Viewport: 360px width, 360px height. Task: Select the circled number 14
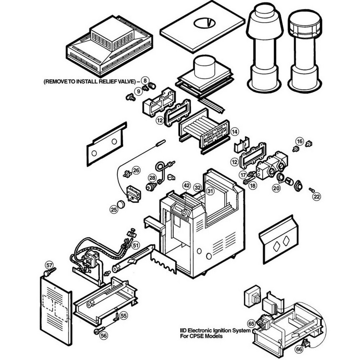(235, 132)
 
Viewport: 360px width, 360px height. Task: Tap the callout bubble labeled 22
(316, 197)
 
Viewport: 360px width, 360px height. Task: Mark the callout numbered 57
(49, 265)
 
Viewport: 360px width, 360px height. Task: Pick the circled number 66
(299, 349)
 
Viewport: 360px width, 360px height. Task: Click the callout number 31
(210, 192)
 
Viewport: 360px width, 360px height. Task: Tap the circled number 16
(300, 140)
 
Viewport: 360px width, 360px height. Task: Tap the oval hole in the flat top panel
(204, 23)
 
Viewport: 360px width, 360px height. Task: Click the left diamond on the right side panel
(276, 246)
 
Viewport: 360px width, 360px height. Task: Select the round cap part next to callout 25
(121, 204)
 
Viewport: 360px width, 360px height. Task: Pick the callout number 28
(152, 178)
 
